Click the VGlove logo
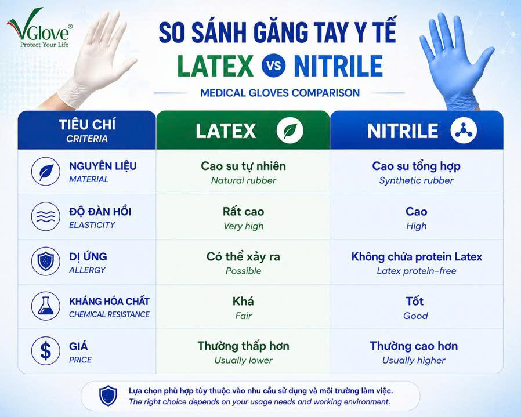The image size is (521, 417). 39,28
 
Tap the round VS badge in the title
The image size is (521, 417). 273,66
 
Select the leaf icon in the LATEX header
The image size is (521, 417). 290,130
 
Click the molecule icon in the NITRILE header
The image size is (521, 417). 464,130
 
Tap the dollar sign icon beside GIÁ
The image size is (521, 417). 46,351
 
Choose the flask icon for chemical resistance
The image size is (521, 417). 46,306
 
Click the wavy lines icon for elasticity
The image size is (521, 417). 46,216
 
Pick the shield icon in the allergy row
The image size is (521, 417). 46,261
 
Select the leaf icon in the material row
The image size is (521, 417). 46,172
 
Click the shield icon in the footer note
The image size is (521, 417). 108,396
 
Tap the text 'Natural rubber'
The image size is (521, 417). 244,180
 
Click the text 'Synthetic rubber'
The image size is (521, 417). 417,180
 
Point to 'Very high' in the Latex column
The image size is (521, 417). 244,226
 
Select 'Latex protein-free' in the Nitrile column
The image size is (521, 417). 417,271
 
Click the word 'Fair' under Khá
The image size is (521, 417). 244,316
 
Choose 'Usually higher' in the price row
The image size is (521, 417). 414,361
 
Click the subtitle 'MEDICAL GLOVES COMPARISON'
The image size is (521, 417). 280,93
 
